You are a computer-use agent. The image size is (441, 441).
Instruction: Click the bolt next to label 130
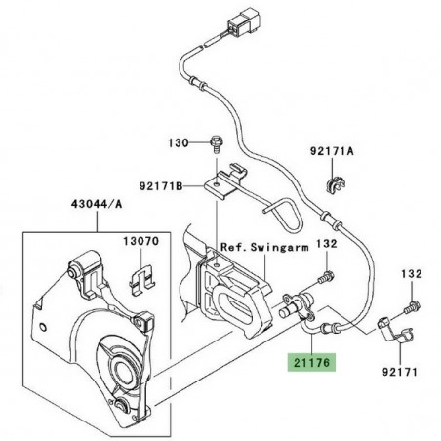(x=210, y=145)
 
